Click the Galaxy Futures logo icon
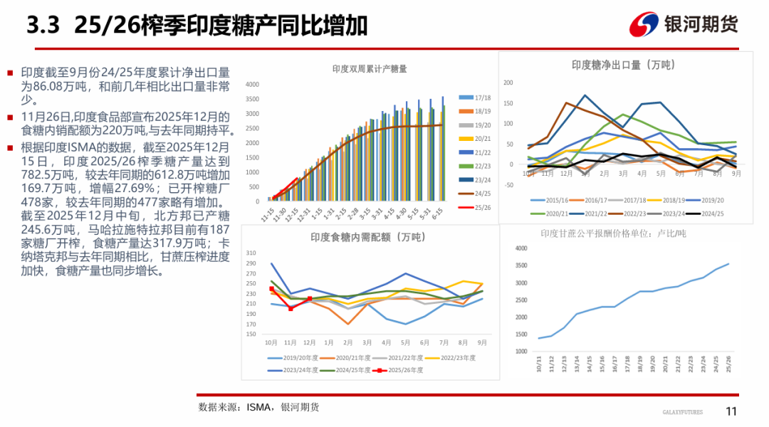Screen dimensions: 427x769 pos(644,25)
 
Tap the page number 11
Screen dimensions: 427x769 pos(731,411)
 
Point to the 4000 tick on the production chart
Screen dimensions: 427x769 pos(252,84)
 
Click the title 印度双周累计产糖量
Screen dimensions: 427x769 pos(370,69)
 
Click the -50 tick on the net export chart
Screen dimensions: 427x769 pos(508,185)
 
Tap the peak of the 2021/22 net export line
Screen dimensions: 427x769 pos(585,95)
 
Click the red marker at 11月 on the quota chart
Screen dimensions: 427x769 pos(291,308)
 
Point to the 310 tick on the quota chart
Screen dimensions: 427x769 pos(250,253)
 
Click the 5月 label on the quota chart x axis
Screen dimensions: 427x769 pos(406,342)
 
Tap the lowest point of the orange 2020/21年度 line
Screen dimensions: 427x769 pos(348,324)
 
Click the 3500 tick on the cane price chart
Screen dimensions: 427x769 pos(520,265)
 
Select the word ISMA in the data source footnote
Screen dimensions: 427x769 pos(260,407)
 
